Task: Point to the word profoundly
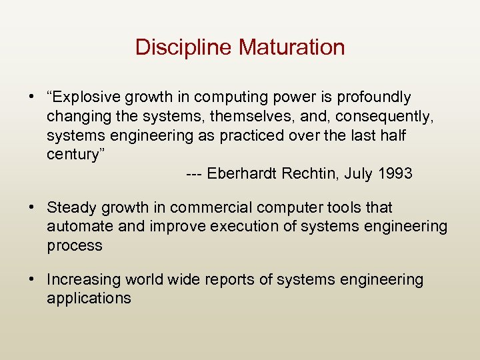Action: pyautogui.click(x=374, y=97)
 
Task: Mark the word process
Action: pyautogui.click(x=74, y=246)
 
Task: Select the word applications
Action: pyautogui.click(x=89, y=298)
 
